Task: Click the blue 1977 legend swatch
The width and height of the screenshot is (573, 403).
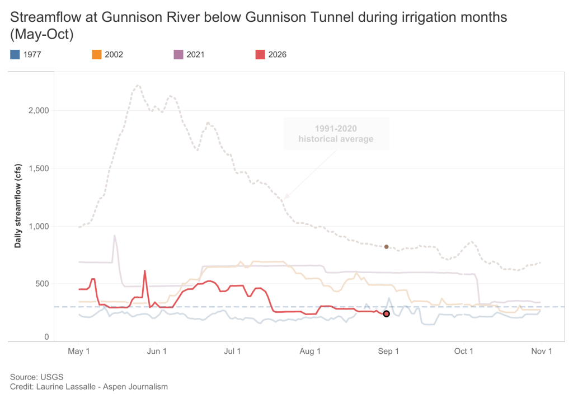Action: click(x=15, y=54)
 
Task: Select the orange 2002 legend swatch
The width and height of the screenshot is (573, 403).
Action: click(x=96, y=54)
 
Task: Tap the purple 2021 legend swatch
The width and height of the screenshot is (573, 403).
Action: click(x=179, y=54)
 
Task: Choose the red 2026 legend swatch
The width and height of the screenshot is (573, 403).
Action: click(x=260, y=54)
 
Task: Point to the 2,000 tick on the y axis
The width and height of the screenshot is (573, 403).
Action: click(x=39, y=110)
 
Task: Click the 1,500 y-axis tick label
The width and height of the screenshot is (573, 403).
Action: click(x=39, y=168)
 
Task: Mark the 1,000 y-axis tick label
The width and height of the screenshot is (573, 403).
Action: click(x=39, y=226)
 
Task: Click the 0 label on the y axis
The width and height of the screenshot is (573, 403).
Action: click(x=47, y=337)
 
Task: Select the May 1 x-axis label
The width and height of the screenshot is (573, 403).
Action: click(x=78, y=352)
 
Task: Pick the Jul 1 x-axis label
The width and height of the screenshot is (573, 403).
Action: click(x=232, y=352)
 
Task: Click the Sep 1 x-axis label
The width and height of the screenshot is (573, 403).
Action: click(x=388, y=352)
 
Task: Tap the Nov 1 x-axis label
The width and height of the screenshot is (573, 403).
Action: click(x=542, y=352)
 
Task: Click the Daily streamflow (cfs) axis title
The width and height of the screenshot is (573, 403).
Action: click(x=18, y=206)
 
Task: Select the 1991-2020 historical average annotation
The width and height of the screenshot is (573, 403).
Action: click(x=336, y=134)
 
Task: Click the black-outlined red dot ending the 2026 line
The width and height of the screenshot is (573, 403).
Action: click(x=386, y=314)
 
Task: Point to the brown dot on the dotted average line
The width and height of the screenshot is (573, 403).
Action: click(x=386, y=247)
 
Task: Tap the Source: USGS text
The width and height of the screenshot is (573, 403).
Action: click(x=36, y=377)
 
